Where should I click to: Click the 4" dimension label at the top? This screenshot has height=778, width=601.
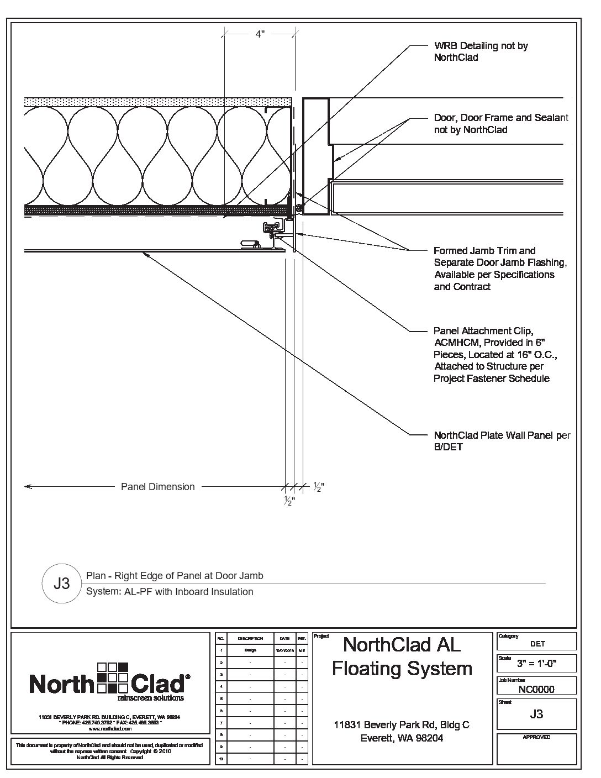pos(260,34)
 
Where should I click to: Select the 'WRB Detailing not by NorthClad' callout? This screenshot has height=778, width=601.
pos(481,51)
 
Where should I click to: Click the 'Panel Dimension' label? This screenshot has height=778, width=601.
pos(158,487)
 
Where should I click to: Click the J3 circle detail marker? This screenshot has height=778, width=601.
pos(62,583)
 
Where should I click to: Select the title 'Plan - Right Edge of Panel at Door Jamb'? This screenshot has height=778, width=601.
pos(175,576)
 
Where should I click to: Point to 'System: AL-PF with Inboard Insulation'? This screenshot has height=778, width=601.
pos(170,592)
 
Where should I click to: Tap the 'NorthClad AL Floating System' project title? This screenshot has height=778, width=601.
pos(402,656)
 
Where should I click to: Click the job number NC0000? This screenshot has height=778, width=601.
pos(536,689)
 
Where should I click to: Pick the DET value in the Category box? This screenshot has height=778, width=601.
pos(537,644)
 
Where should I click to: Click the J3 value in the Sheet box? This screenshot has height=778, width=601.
pos(536,713)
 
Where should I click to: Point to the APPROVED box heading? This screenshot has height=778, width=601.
pos(536,737)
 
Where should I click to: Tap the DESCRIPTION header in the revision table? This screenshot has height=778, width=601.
pos(250,638)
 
